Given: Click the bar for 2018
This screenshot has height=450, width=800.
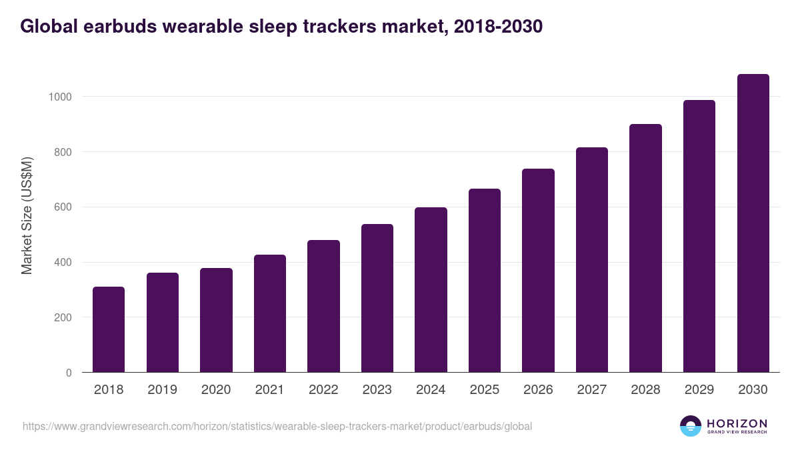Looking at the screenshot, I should click(109, 329).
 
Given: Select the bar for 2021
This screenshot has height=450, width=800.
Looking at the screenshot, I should click(269, 313).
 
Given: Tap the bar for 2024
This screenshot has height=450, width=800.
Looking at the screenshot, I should click(431, 290).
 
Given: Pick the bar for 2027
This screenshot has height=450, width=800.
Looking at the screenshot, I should click(592, 260).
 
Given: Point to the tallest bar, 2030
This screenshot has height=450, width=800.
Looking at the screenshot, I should click(753, 223).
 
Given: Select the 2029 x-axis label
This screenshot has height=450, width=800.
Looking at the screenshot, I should click(699, 390).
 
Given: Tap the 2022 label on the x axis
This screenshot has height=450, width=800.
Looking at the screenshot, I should click(323, 390).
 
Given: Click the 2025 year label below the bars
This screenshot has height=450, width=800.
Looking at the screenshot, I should click(485, 390).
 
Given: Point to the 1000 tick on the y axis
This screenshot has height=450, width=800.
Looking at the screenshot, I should click(60, 97).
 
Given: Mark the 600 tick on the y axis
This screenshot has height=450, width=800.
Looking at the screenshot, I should click(63, 207).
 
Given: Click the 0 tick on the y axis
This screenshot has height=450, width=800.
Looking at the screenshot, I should click(69, 373).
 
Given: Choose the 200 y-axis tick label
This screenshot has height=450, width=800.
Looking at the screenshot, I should click(63, 317).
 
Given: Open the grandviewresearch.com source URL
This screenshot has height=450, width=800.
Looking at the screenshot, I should click(277, 426).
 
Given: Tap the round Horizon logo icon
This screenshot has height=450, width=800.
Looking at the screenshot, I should click(691, 426).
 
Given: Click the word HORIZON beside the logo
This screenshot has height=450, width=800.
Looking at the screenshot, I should click(737, 423).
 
